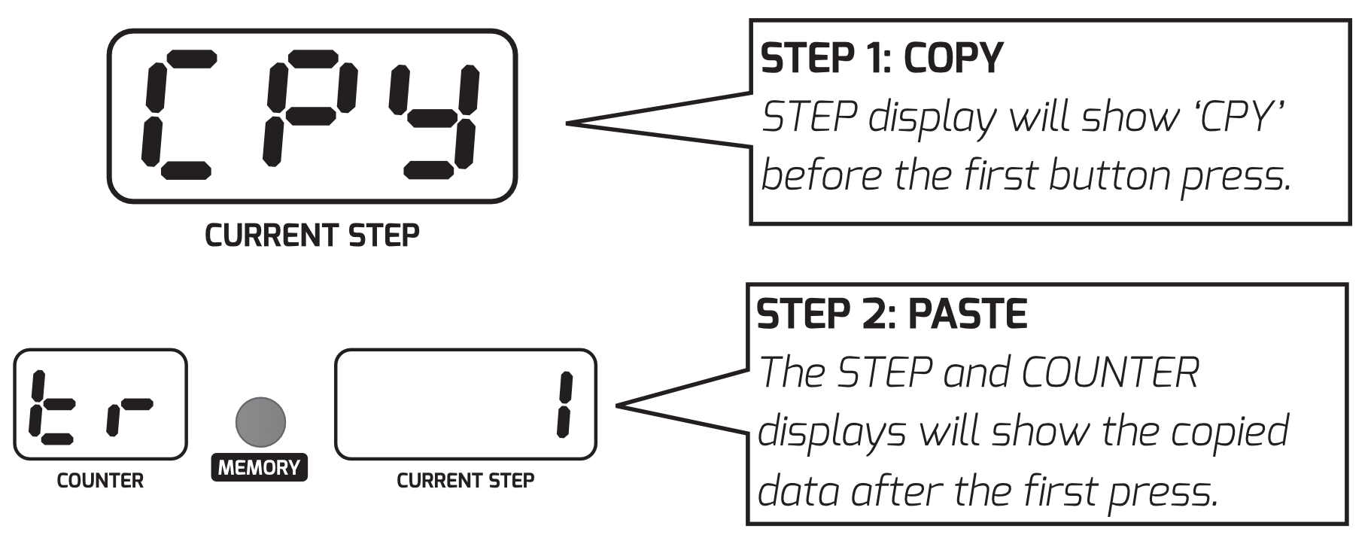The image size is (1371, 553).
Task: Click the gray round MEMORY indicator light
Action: tap(260, 422)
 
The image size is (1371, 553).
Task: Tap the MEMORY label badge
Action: tap(259, 467)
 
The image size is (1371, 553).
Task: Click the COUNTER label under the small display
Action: tap(100, 481)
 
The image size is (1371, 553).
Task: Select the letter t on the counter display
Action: tap(48, 406)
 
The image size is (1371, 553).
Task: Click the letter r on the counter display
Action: tap(129, 414)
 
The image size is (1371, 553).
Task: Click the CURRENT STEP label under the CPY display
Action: tap(312, 236)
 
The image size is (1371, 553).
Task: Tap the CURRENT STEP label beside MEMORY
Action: tap(465, 481)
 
